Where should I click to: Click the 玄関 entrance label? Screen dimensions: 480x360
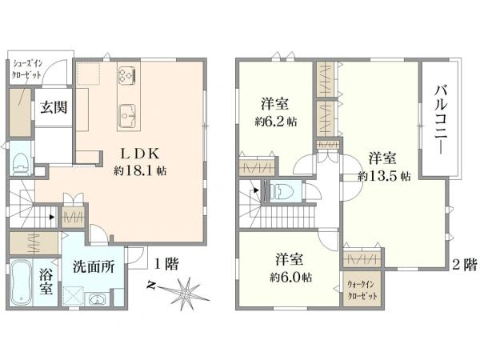click(x=54, y=107)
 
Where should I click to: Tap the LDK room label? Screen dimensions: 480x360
click(x=140, y=154)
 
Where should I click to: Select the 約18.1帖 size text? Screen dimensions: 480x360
click(x=140, y=170)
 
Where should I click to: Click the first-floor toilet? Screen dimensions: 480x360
click(x=22, y=164)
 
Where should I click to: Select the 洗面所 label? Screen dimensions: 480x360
click(x=94, y=266)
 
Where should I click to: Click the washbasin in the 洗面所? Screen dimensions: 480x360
click(x=97, y=299)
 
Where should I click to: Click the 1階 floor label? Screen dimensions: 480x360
click(x=166, y=264)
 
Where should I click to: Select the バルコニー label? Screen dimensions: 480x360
click(x=441, y=119)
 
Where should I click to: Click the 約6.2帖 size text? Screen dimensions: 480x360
click(x=276, y=122)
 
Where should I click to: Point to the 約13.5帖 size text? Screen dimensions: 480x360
click(x=385, y=176)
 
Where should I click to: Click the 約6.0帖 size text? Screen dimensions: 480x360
click(x=291, y=278)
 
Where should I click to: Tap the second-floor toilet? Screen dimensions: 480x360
click(x=282, y=191)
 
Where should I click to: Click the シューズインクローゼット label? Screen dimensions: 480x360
click(x=27, y=70)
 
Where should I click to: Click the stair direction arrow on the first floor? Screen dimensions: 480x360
click(x=52, y=217)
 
